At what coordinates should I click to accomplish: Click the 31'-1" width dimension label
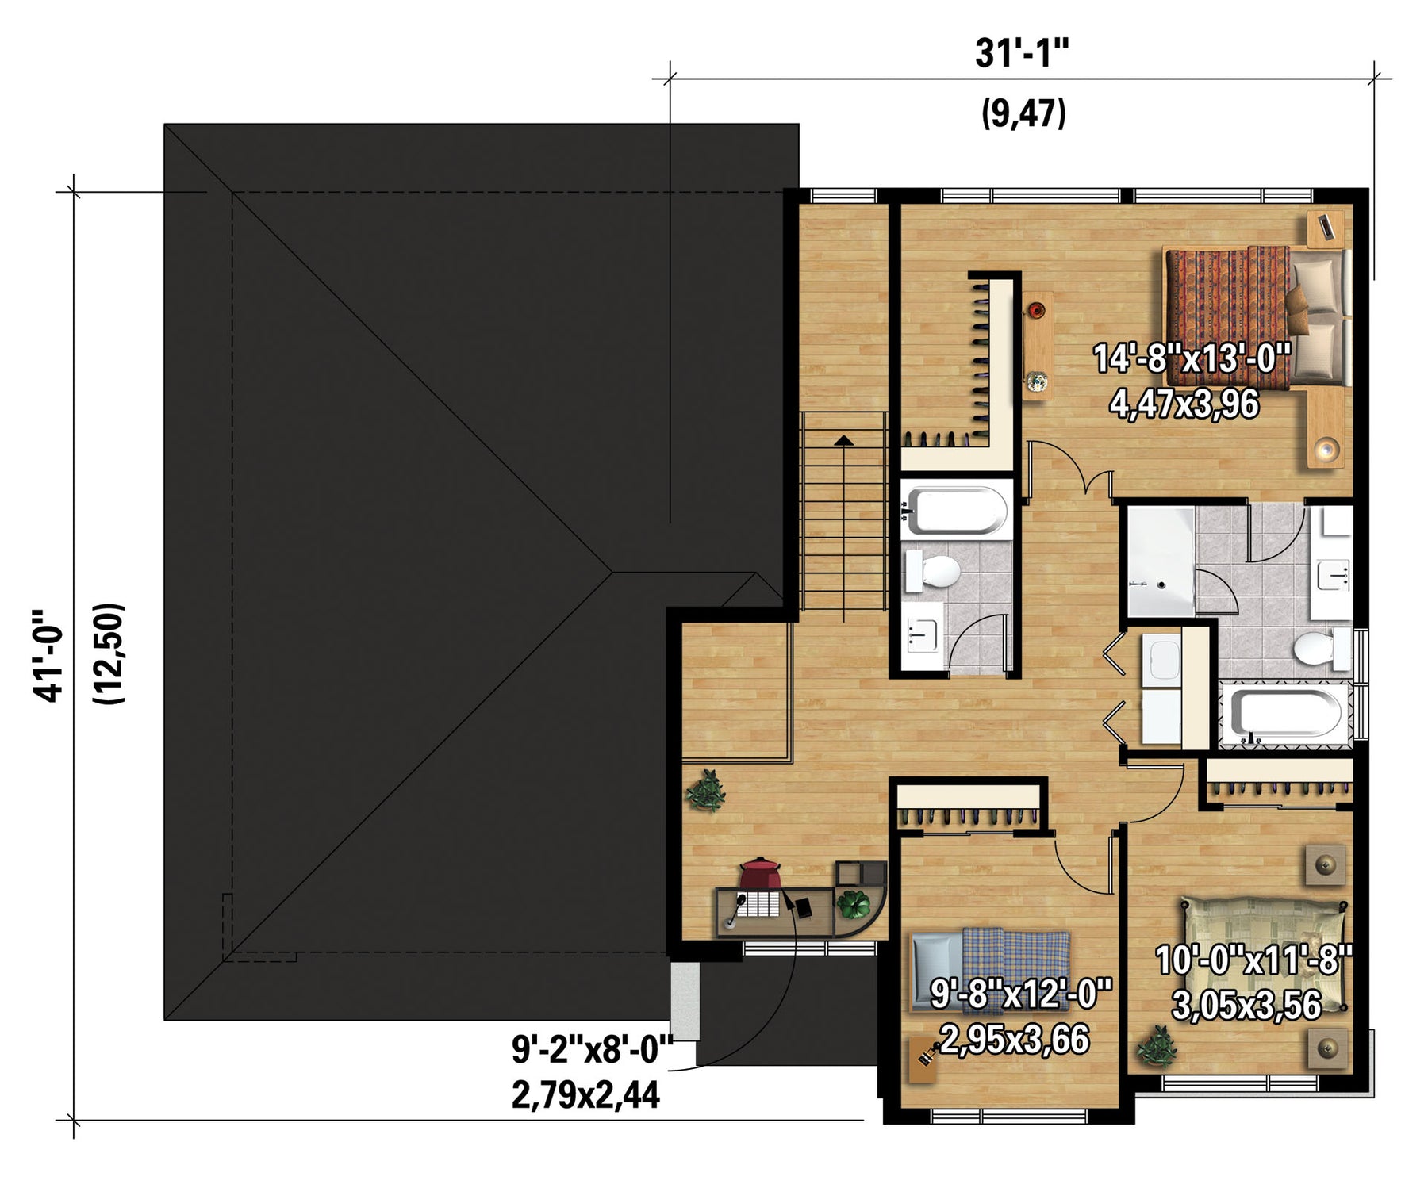(x=1022, y=55)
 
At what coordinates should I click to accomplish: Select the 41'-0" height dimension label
(x=48, y=656)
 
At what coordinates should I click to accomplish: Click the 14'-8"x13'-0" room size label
(x=1192, y=358)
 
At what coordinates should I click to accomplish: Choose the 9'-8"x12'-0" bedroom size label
(x=1021, y=993)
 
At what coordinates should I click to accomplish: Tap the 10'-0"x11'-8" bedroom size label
(x=1254, y=960)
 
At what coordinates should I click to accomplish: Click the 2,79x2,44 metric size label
(x=585, y=1095)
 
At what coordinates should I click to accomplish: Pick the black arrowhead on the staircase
(x=843, y=439)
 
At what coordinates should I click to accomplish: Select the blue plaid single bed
(x=991, y=969)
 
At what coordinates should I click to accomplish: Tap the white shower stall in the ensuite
(x=1160, y=561)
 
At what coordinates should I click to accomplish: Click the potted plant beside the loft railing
(x=705, y=791)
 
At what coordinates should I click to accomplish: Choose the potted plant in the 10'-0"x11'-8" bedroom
(x=1155, y=1047)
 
